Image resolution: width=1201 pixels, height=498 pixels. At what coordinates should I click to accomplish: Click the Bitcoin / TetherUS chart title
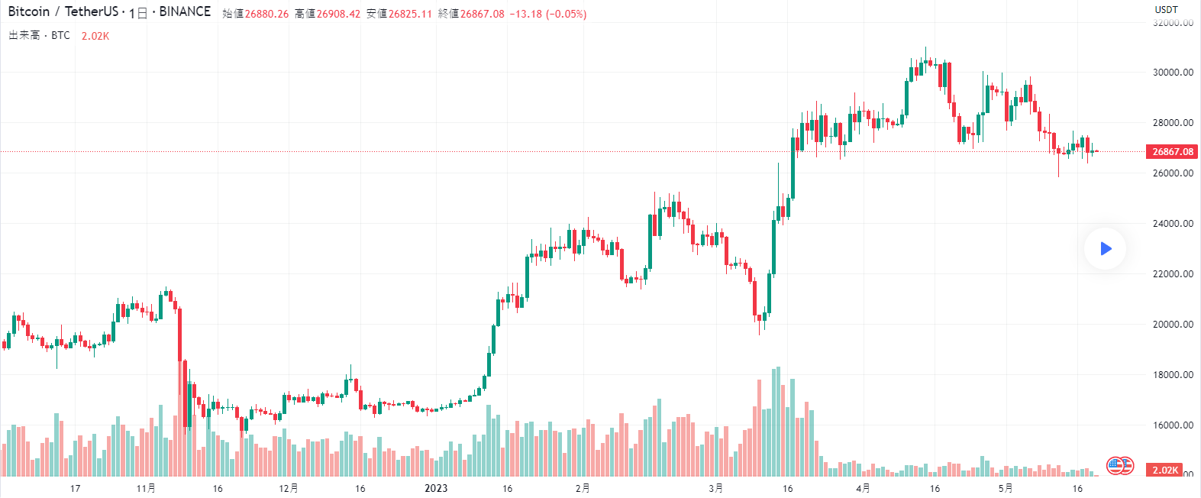[63, 11]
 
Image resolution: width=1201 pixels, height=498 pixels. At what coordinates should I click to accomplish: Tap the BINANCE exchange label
[185, 11]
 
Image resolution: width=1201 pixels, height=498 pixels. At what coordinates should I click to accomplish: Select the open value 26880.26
[266, 14]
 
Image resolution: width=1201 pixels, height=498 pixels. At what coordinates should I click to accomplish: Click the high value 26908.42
[338, 14]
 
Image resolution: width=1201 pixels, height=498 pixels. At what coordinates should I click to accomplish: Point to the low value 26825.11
[410, 14]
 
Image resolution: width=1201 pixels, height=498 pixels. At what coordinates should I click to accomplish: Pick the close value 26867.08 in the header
[482, 14]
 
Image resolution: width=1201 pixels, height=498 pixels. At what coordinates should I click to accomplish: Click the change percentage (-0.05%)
[566, 14]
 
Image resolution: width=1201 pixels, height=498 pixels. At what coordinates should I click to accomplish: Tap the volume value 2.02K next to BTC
[95, 36]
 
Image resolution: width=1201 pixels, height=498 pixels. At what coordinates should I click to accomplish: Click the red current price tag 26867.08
[1172, 151]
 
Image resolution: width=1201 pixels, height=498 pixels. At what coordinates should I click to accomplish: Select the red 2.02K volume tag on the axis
[1165, 470]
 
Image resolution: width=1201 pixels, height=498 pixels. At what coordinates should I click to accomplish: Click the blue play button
[1105, 248]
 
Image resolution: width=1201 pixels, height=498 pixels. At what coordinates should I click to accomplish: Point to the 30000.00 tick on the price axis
[1173, 73]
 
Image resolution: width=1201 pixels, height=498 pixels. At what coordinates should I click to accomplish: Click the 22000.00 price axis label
[1173, 273]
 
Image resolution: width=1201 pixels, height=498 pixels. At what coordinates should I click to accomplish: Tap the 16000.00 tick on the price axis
[1173, 425]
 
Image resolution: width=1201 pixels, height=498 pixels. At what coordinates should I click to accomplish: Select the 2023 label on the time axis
[436, 488]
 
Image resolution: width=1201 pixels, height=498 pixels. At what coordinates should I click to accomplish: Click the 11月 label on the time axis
[146, 488]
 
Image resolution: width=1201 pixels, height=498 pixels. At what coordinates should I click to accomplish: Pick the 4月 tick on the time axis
[863, 488]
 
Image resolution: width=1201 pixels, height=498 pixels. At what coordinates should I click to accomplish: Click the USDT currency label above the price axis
[1166, 10]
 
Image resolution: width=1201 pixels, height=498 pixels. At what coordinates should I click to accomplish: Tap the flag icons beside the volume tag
[1120, 465]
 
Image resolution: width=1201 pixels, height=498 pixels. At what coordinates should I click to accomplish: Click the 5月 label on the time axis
[1006, 488]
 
